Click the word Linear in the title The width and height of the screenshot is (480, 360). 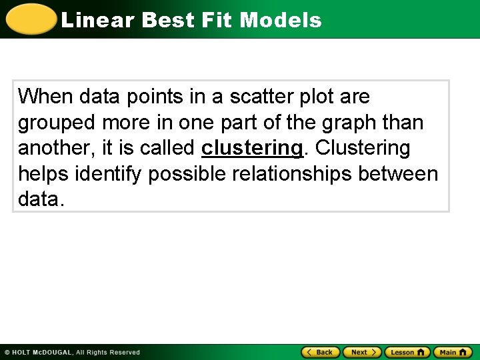point(97,20)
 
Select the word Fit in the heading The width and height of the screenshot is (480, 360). point(215,20)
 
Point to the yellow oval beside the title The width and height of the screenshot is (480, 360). point(31,19)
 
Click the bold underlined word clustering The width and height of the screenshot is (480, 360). point(252,148)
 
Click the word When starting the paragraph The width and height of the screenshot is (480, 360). point(45,97)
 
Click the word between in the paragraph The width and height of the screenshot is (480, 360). point(398,174)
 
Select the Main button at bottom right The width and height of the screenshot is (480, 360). point(453,352)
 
